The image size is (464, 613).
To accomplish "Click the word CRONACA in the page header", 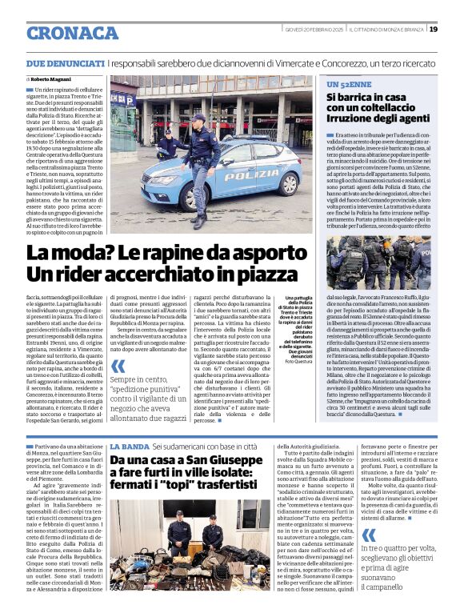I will click(72, 33).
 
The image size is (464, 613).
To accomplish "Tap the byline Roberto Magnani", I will click(52, 80).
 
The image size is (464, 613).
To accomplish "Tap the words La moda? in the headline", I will click(59, 254).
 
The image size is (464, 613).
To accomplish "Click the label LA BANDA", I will click(128, 445).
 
